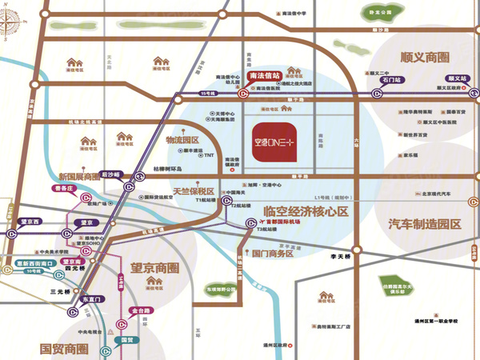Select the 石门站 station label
coord(393,80)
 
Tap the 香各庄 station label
coord(62,190)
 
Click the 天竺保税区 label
coord(189,192)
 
